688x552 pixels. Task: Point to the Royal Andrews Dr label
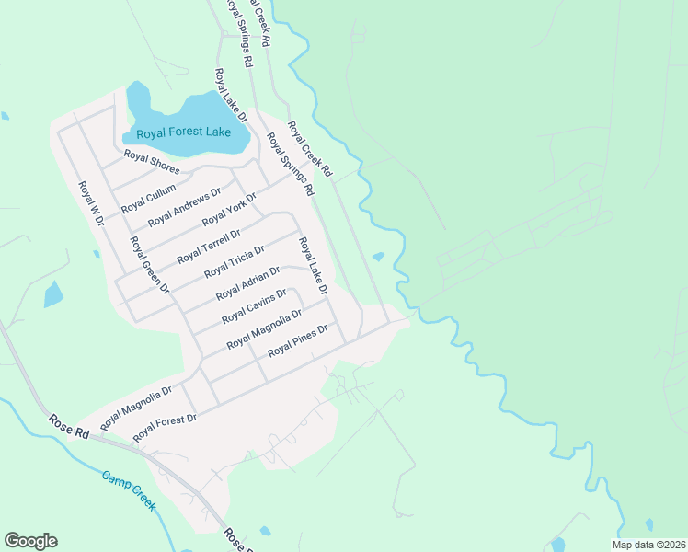(x=184, y=207)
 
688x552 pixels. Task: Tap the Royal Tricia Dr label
(x=234, y=261)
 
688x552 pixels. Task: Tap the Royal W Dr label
(x=92, y=202)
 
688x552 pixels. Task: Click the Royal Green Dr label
(x=150, y=264)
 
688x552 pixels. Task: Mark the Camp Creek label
(x=129, y=491)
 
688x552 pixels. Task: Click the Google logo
(x=30, y=541)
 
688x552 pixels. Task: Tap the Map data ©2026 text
(x=648, y=545)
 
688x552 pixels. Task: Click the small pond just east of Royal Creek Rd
(x=378, y=257)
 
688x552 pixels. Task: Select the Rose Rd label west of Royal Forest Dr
(x=70, y=422)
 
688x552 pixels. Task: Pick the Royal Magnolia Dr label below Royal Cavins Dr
(x=264, y=329)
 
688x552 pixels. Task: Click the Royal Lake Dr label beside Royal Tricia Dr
(x=312, y=266)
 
